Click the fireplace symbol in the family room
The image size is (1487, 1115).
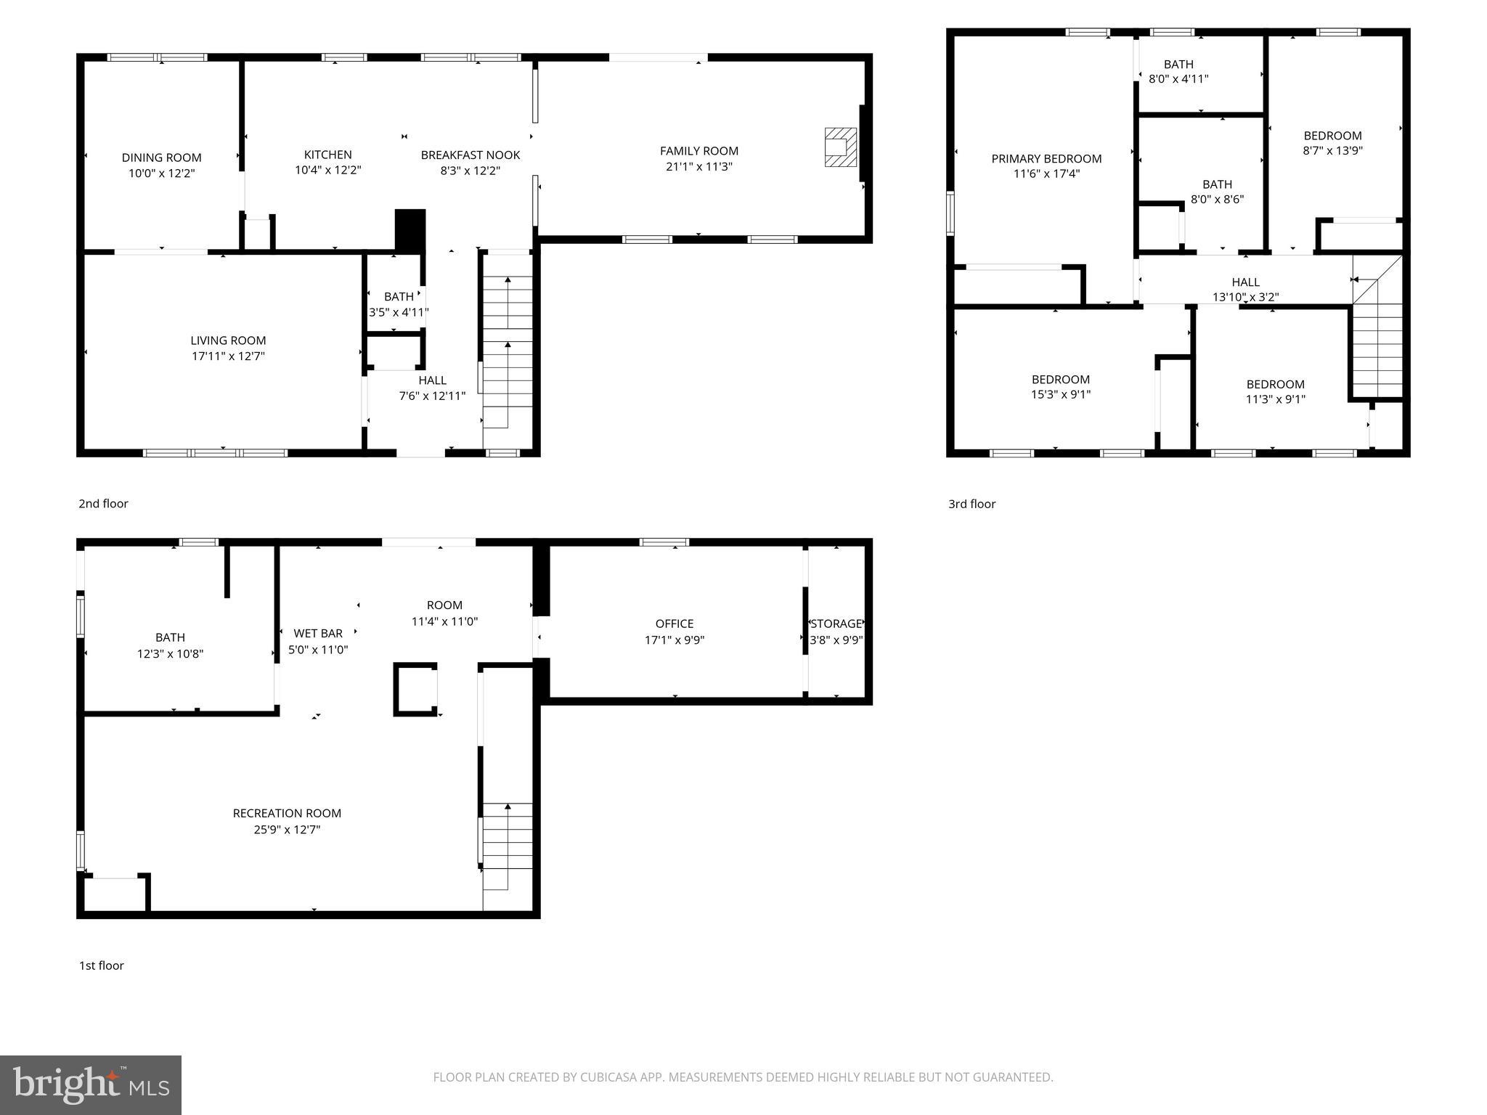click(x=840, y=147)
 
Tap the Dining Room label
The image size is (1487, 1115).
click(x=161, y=158)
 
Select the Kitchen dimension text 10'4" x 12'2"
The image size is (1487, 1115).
click(x=327, y=171)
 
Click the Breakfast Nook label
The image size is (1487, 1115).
click(x=470, y=155)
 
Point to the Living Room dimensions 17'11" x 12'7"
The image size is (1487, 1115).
click(x=228, y=356)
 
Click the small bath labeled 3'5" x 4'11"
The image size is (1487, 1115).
click(x=398, y=304)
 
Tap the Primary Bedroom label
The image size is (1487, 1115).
click(x=1046, y=158)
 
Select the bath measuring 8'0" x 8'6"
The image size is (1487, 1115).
click(x=1217, y=192)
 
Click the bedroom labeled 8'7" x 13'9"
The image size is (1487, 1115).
click(x=1332, y=143)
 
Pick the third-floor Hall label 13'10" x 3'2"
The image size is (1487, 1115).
click(x=1245, y=290)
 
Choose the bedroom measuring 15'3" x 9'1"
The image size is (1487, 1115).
click(x=1060, y=387)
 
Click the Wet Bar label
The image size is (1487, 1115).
click(x=318, y=634)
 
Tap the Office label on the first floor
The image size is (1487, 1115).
click(x=675, y=624)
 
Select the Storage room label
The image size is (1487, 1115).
click(x=836, y=624)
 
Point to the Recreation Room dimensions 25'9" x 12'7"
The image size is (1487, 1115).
click(x=287, y=830)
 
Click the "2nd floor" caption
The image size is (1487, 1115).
click(x=103, y=504)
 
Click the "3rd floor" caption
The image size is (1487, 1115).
click(x=971, y=504)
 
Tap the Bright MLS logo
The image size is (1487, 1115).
click(x=91, y=1085)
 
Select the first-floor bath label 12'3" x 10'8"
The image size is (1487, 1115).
click(x=170, y=645)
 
